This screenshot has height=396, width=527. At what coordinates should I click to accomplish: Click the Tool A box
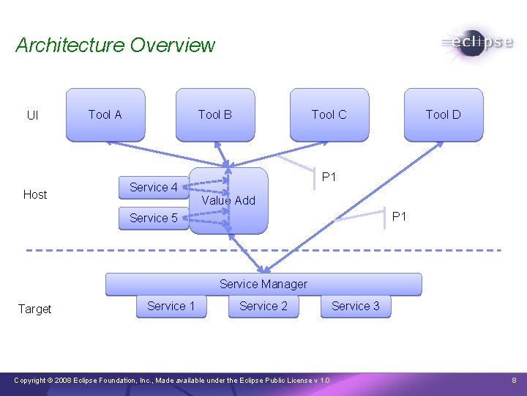point(105,114)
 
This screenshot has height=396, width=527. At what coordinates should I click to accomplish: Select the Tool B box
point(215,114)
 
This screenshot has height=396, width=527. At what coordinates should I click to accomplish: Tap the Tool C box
point(329,114)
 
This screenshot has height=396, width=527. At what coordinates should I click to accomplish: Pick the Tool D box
point(444,114)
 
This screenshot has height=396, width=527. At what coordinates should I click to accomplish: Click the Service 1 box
point(171,306)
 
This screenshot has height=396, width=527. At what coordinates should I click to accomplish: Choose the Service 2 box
point(263,306)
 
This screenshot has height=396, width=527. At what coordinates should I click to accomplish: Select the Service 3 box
point(356,306)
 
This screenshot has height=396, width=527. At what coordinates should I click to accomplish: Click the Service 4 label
point(154,187)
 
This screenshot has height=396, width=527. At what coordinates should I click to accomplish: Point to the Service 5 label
point(154,218)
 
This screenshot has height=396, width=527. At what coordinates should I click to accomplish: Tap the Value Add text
point(228,200)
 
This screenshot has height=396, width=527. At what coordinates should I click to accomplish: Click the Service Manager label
point(263,284)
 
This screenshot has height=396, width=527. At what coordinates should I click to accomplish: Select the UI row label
point(33,115)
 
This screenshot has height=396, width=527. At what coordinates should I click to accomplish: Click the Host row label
point(35,194)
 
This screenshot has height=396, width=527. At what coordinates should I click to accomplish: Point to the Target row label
point(35,309)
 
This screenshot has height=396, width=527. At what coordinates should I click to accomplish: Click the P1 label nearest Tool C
point(329,177)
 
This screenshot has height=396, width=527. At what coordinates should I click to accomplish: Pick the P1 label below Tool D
point(399,216)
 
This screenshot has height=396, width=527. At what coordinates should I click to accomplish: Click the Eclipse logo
point(477,43)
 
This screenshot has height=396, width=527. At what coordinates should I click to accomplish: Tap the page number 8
point(515,380)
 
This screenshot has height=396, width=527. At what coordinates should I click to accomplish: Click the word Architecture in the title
point(70,45)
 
